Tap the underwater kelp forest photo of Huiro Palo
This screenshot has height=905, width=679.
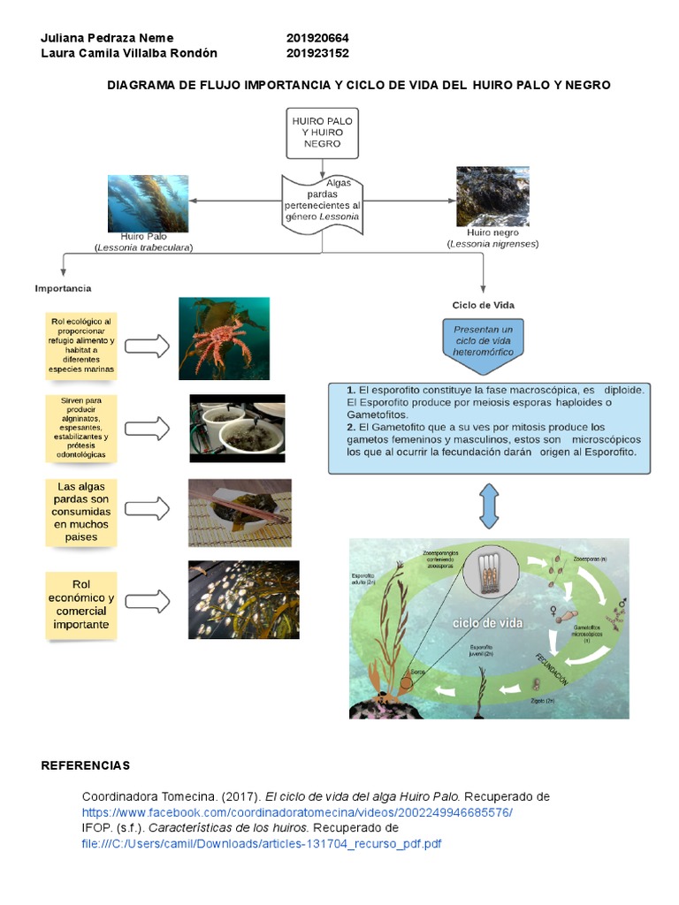click(148, 203)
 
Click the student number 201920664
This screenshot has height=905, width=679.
click(317, 38)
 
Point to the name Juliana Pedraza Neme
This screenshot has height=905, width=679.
click(108, 38)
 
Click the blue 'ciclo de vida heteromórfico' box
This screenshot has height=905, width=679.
click(483, 339)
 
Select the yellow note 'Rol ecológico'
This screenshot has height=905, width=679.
click(81, 345)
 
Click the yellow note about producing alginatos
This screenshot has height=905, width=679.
click(83, 427)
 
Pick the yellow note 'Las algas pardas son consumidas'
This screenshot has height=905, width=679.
click(83, 512)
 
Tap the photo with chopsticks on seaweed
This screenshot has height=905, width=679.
click(239, 513)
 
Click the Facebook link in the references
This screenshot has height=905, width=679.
click(297, 811)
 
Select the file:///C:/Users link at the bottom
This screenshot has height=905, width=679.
click(262, 843)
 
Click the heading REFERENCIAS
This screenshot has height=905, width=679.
click(86, 764)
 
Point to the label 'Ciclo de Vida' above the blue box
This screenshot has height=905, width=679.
click(483, 305)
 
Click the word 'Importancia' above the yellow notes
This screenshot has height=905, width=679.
click(63, 288)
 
